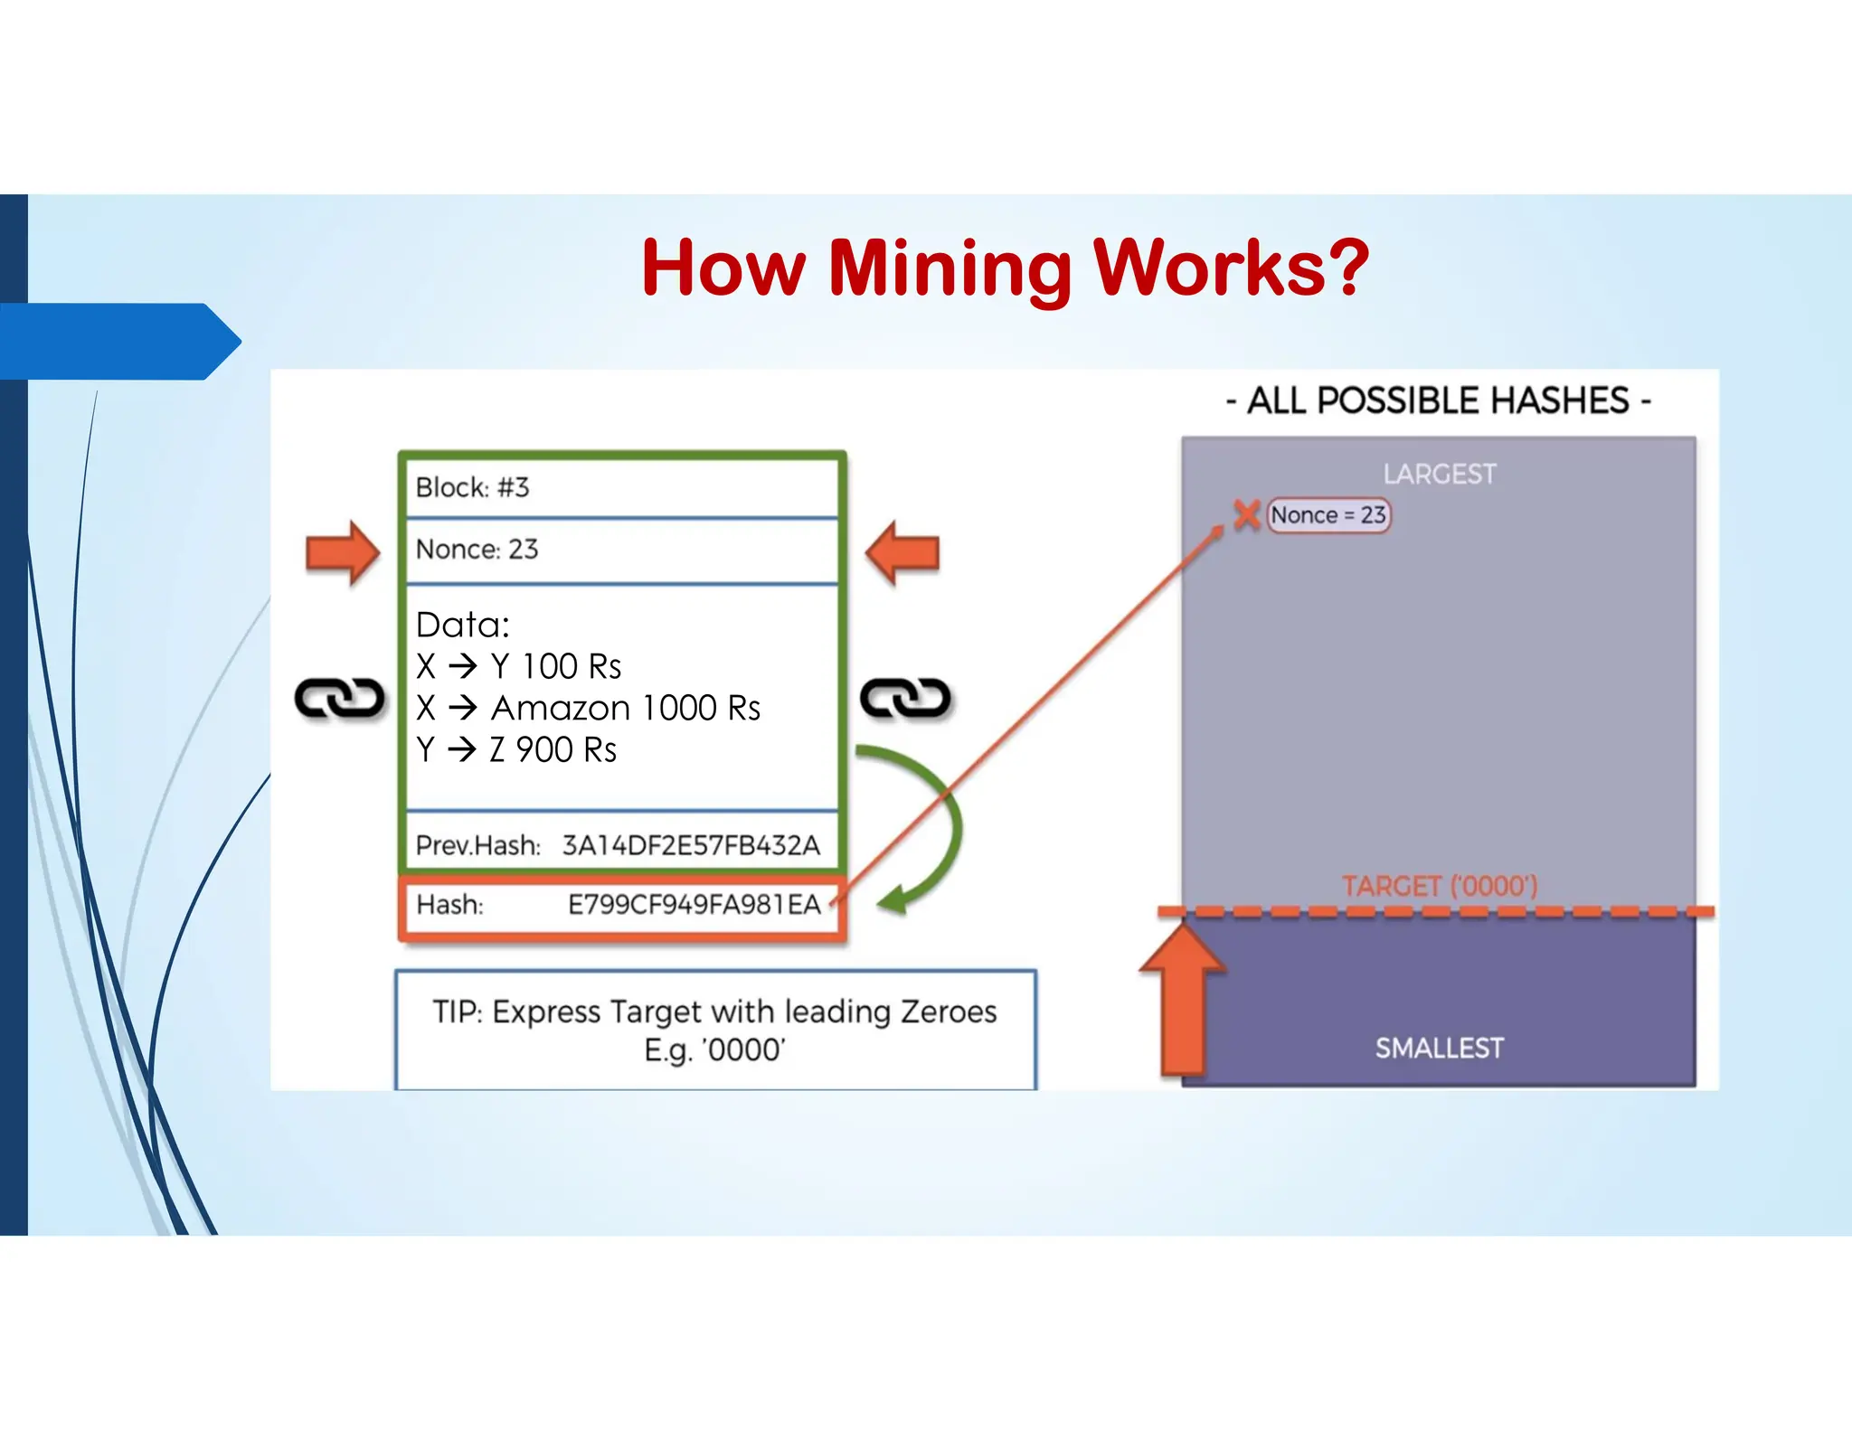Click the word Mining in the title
[950, 268]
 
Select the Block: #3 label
[472, 488]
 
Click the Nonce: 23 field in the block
[477, 550]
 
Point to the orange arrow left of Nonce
[342, 552]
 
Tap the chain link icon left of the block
[340, 699]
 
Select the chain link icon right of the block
[905, 699]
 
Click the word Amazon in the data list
[560, 709]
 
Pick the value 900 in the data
[544, 750]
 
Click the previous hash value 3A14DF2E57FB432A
[691, 846]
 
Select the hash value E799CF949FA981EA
[694, 905]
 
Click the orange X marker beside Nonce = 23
[1247, 514]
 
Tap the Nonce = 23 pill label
[1328, 515]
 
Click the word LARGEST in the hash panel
[1439, 475]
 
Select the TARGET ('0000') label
[1439, 886]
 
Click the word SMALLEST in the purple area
[1439, 1049]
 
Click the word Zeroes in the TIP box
[949, 1011]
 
